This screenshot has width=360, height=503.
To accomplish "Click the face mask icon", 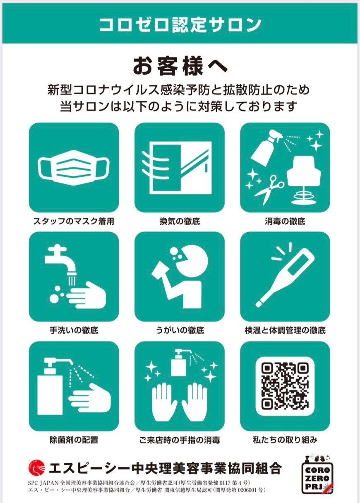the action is (74, 169).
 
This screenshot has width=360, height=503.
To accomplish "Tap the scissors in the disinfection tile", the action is (269, 190).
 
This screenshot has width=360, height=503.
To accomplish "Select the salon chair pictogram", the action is (304, 179).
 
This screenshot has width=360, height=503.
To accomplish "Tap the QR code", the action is (285, 385).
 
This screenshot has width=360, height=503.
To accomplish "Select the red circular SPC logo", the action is (36, 467).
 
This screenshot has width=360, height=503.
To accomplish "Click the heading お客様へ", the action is (180, 67).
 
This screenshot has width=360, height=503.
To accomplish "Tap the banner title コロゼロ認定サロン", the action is (180, 24).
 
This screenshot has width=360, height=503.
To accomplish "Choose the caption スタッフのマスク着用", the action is (74, 221).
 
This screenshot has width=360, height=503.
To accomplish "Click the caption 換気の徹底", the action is (180, 221).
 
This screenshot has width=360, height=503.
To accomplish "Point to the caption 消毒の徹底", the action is (285, 221).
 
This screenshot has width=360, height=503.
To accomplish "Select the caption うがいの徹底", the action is (180, 330).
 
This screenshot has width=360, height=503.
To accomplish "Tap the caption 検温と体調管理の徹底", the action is (285, 330).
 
